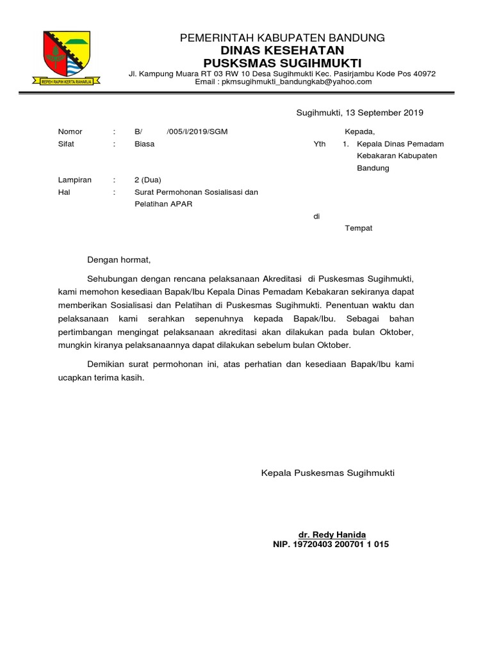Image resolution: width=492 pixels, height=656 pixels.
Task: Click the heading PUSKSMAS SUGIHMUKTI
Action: [283, 62]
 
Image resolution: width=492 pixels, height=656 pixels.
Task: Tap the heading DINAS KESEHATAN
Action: [283, 50]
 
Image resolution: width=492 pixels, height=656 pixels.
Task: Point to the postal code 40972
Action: [423, 74]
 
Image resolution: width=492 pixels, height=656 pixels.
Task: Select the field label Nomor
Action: [70, 132]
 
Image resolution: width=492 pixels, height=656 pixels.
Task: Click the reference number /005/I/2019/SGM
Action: [197, 132]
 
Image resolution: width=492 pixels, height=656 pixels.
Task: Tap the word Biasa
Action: [144, 144]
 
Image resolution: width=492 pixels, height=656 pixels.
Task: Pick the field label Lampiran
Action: [74, 180]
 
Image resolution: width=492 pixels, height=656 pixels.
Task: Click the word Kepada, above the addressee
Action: [359, 132]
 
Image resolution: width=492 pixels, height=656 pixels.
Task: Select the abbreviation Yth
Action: [319, 144]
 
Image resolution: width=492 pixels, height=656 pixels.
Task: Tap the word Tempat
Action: [359, 228]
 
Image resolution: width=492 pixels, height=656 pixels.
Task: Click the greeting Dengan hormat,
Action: [119, 259]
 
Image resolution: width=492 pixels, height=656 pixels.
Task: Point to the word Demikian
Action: [108, 365]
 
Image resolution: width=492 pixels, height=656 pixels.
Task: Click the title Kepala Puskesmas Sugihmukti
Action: [328, 473]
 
